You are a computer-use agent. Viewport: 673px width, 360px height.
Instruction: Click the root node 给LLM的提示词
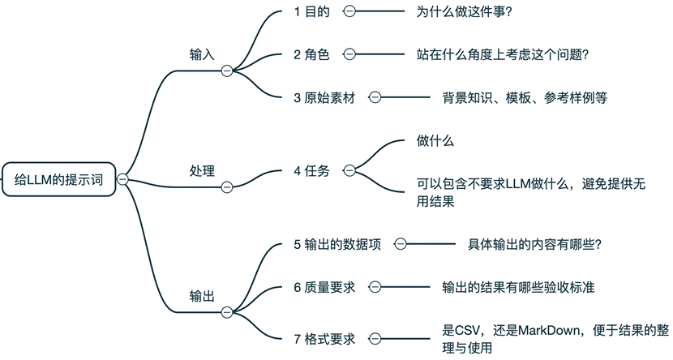pos(59,179)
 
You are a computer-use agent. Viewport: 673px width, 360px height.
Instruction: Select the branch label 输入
pos(202,54)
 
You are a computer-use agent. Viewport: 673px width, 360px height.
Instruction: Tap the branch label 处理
pos(202,171)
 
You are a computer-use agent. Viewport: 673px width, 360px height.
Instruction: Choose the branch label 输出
pos(202,295)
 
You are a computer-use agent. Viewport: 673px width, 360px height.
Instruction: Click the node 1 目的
pos(312,11)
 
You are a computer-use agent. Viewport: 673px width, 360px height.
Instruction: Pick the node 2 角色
pos(312,54)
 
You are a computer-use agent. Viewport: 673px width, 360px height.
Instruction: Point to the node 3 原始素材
pos(324,97)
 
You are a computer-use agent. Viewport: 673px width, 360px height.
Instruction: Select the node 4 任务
pos(312,171)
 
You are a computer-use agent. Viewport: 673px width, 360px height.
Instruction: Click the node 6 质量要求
pos(324,287)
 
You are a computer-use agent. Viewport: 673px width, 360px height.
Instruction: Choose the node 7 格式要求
pos(324,338)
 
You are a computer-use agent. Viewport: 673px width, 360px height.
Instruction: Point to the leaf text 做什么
pos(435,141)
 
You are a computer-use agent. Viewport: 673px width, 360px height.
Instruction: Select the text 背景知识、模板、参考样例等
pos(524,97)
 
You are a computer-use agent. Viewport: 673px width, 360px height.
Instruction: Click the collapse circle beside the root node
pos(123,179)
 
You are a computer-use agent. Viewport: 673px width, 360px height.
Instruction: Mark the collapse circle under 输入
pos(227,71)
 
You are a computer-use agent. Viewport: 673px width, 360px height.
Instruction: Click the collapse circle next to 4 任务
pos(349,171)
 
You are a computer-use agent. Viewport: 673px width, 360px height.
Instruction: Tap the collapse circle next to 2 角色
pos(349,54)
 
